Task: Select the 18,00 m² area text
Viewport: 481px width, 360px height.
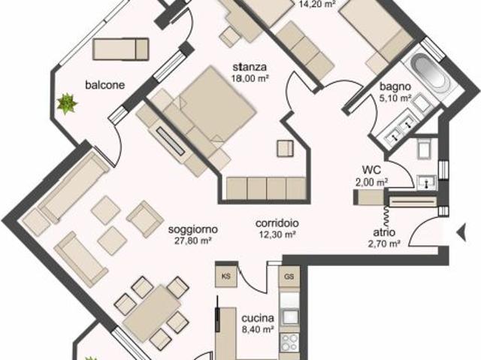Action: [250, 77]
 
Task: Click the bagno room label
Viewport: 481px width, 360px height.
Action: [395, 86]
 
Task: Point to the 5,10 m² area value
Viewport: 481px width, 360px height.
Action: [395, 97]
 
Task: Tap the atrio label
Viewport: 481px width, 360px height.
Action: [383, 233]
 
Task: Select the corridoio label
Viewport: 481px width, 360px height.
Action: [277, 222]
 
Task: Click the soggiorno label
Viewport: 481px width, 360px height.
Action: [193, 229]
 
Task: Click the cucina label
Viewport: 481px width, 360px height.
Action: [256, 316]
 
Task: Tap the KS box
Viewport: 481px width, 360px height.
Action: [226, 276]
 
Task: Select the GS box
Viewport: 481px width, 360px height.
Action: [289, 277]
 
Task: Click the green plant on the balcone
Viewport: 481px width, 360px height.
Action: [68, 102]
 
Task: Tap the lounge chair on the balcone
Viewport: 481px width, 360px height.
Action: [121, 49]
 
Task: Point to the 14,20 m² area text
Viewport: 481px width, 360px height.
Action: [317, 3]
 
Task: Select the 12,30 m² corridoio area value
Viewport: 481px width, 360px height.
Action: [277, 234]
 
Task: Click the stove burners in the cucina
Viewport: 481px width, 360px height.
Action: [289, 343]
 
